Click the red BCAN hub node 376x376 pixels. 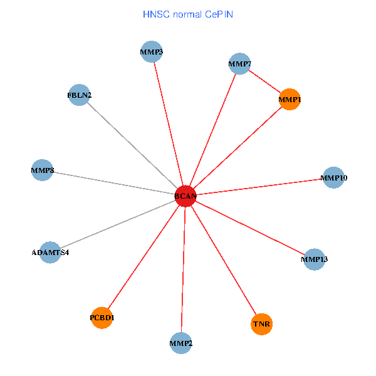click(x=185, y=196)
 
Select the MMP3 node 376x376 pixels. click(x=152, y=51)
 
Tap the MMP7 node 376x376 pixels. click(x=239, y=63)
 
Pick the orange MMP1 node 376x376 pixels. click(x=290, y=99)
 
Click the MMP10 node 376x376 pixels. click(x=333, y=178)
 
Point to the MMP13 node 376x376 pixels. click(x=314, y=259)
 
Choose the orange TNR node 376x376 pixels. click(x=261, y=324)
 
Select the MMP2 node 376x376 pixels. click(x=181, y=343)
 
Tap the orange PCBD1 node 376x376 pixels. click(x=102, y=318)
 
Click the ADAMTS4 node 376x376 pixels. click(x=50, y=253)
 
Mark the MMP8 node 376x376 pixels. click(x=41, y=170)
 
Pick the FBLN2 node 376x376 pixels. click(x=79, y=95)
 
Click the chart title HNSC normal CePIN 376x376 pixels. click(x=188, y=14)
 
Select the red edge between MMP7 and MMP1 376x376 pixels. click(x=264, y=81)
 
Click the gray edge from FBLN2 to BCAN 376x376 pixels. click(x=132, y=145)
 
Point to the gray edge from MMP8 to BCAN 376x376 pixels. click(x=113, y=183)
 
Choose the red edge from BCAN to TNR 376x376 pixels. click(x=223, y=260)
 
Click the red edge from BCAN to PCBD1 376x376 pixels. click(x=144, y=257)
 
